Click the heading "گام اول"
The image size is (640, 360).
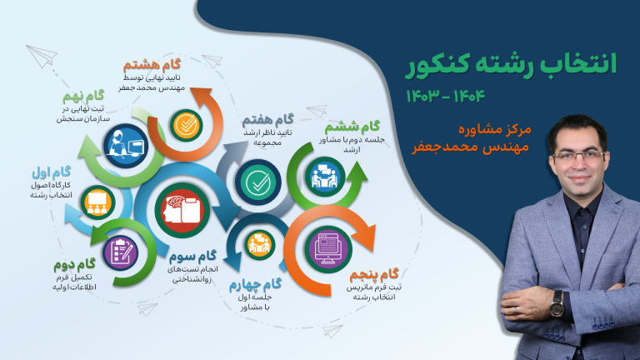click(52, 172)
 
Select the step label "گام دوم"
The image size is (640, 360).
click(75, 265)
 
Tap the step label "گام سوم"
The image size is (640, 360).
click(192, 257)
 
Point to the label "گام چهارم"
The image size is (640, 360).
click(255, 284)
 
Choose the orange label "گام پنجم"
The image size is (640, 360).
click(374, 275)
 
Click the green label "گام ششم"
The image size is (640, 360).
click(352, 127)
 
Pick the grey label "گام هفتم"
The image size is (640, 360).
click(267, 120)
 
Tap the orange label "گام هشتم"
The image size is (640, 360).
click(152, 65)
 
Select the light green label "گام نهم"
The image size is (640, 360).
click(83, 97)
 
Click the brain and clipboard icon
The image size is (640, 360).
click(182, 210)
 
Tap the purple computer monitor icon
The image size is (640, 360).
click(328, 249)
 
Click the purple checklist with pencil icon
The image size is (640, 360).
click(121, 253)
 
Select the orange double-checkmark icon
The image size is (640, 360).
click(187, 125)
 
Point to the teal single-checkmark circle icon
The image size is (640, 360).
click(258, 182)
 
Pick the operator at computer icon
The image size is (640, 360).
click(126, 146)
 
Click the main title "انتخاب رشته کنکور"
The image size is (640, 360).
click(511, 65)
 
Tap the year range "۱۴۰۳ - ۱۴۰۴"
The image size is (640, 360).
click(445, 96)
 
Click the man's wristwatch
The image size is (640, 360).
click(556, 304)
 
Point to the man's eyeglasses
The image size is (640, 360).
click(579, 156)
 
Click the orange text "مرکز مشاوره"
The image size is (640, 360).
click(495, 129)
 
